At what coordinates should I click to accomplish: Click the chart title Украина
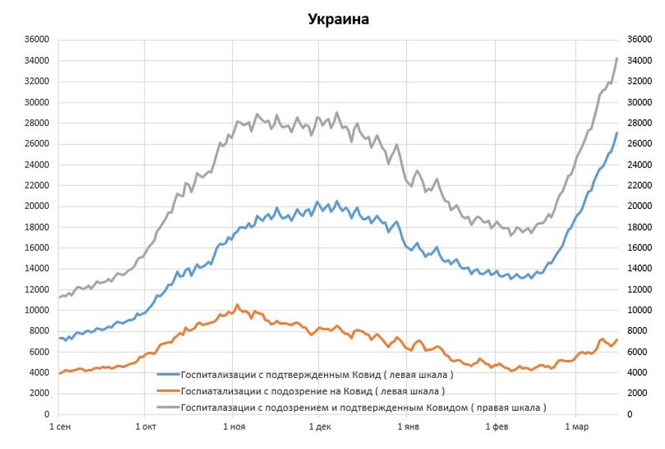coord(338,19)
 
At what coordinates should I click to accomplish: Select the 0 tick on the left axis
coord(46,414)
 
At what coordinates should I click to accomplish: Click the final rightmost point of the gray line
coord(617,58)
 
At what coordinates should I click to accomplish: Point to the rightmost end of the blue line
coord(617,132)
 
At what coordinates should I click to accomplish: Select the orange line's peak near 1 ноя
coord(237,305)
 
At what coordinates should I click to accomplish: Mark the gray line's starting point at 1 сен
coord(59,297)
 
